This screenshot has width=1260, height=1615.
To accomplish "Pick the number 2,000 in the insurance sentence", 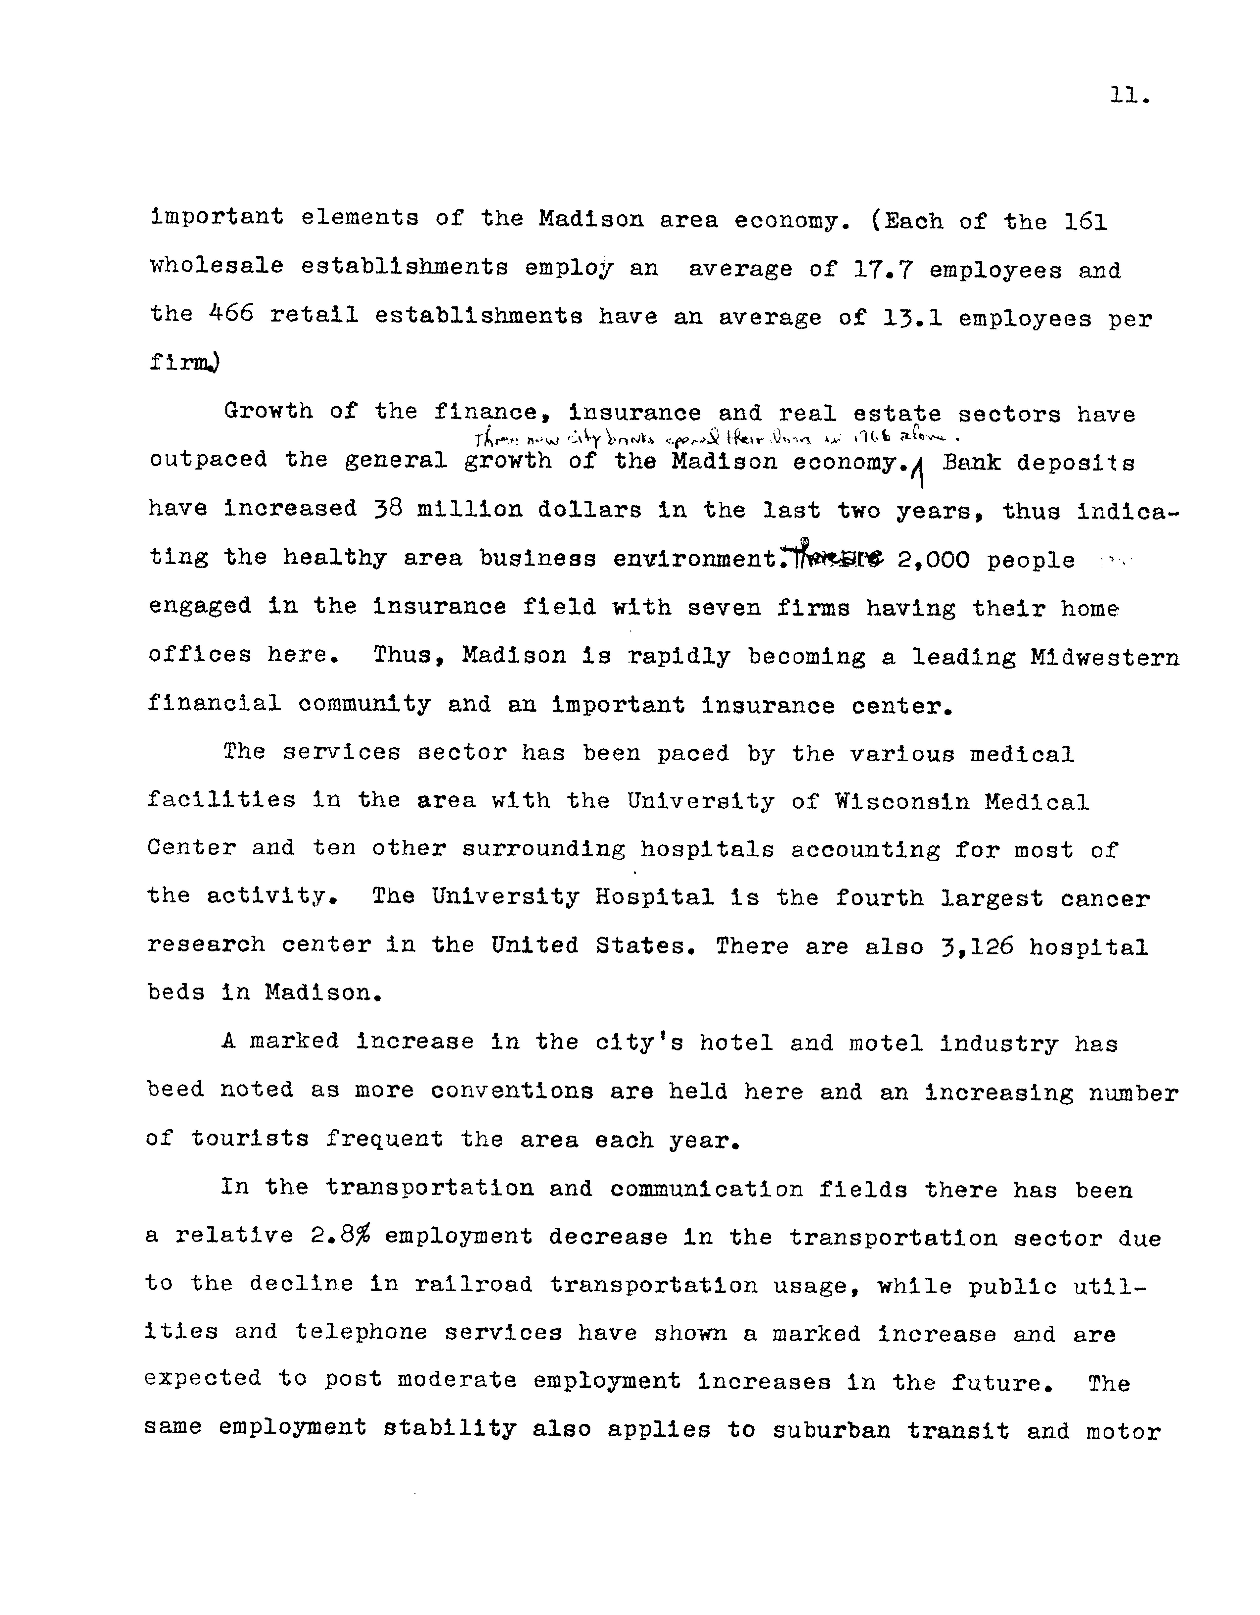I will coord(933,560).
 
